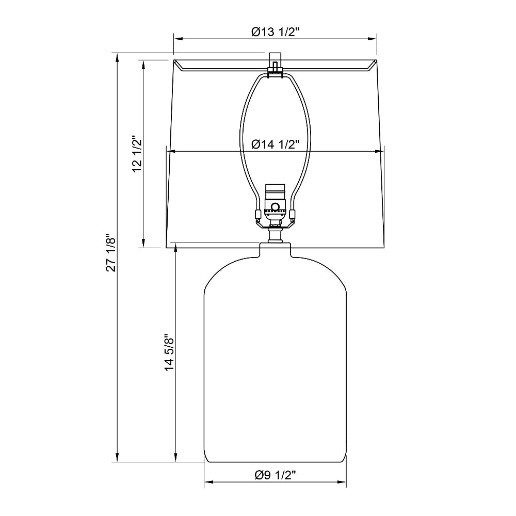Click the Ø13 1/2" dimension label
coord(275,32)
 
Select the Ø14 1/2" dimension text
coord(275,144)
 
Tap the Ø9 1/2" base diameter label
coord(275,475)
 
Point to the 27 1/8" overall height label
coord(111,252)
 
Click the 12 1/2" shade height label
coord(137,153)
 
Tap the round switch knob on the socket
coord(275,207)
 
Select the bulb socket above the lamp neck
coord(275,205)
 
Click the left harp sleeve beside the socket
coord(259,214)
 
